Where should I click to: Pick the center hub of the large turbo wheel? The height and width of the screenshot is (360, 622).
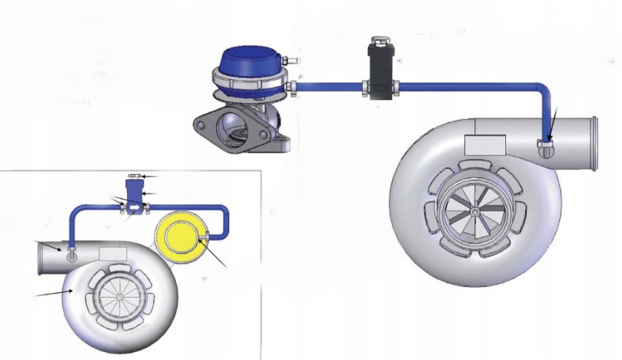pos(475,212)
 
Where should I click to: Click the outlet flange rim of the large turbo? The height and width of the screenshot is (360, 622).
pos(594,143)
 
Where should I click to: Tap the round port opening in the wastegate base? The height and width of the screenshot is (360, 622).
pos(236,134)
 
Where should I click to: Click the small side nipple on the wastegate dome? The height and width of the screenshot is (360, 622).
pos(292,59)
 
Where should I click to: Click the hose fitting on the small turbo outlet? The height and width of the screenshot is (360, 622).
pos(72,255)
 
